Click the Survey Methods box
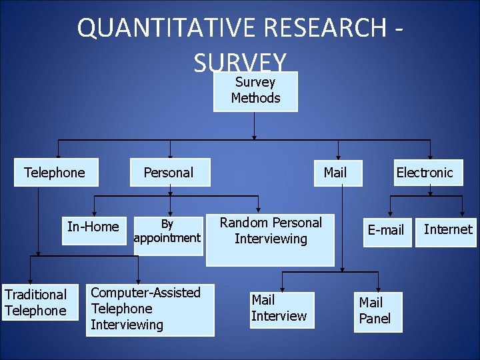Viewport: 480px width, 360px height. (x=255, y=90)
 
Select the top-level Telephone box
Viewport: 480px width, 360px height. (x=55, y=173)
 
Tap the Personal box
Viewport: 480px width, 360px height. (x=169, y=173)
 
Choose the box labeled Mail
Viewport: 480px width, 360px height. (x=335, y=173)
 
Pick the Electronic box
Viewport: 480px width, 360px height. (x=424, y=173)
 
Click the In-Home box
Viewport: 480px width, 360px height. (x=93, y=227)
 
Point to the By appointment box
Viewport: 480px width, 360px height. (x=167, y=231)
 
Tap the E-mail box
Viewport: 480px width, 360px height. (x=386, y=230)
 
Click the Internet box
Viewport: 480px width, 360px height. (x=447, y=229)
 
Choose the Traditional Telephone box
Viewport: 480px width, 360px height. (x=36, y=302)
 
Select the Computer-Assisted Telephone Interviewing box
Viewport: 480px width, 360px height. (x=149, y=309)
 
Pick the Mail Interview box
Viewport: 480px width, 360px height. (x=280, y=309)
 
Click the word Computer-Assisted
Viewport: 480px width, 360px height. (x=145, y=293)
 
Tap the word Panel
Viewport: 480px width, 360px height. (x=375, y=319)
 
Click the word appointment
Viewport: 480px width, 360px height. (x=167, y=238)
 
